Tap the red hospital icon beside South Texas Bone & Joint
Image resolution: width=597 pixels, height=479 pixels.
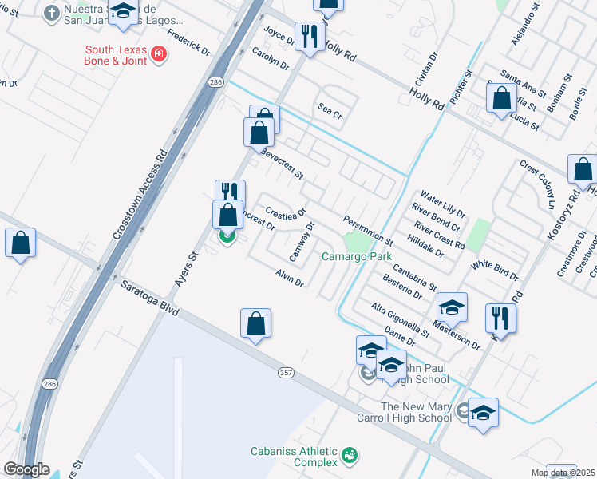160,54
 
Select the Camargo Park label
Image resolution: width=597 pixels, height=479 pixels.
357,257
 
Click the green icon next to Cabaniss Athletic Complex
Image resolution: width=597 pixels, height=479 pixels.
349,456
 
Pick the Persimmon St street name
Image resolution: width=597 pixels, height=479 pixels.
368,230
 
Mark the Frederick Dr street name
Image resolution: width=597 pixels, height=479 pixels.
189,43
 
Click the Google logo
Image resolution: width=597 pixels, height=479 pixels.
26,469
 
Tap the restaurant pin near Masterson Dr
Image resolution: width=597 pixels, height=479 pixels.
500,317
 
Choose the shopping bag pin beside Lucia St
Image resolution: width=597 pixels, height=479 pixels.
502,99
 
